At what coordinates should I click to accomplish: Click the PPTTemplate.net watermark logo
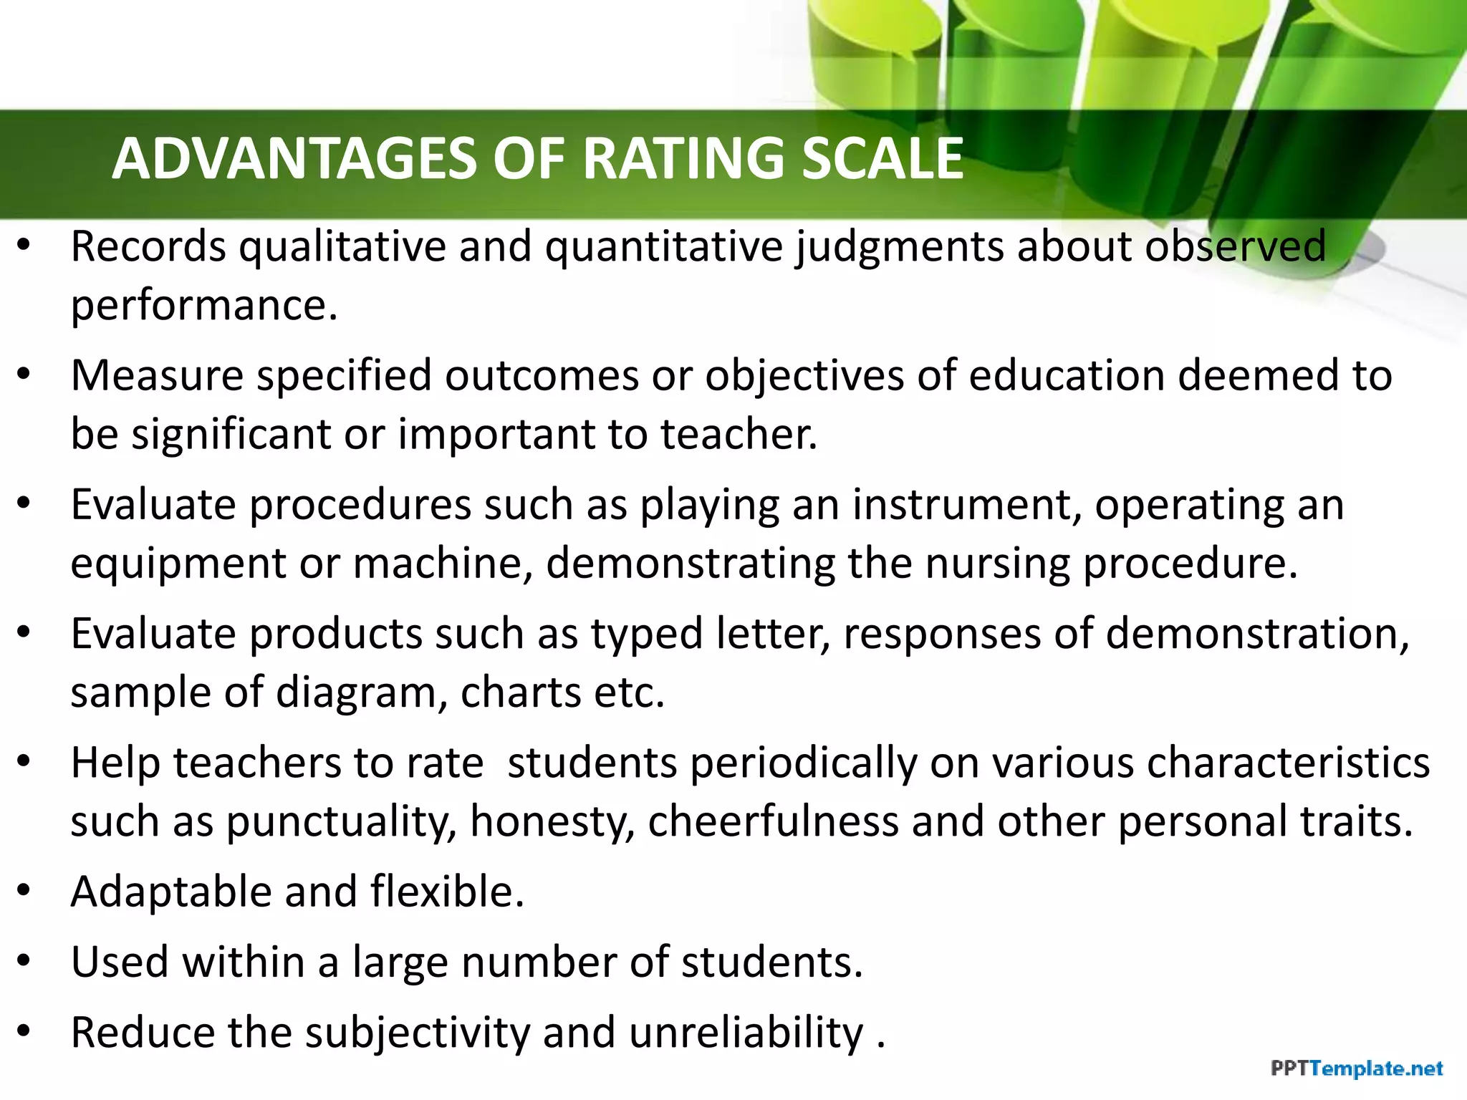(1357, 1069)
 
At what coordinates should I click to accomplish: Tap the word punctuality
(340, 821)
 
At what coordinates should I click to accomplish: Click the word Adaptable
(171, 892)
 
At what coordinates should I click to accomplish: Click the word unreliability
(746, 1033)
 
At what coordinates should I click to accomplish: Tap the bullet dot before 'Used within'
(24, 961)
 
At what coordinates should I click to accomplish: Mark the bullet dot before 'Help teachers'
(24, 762)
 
